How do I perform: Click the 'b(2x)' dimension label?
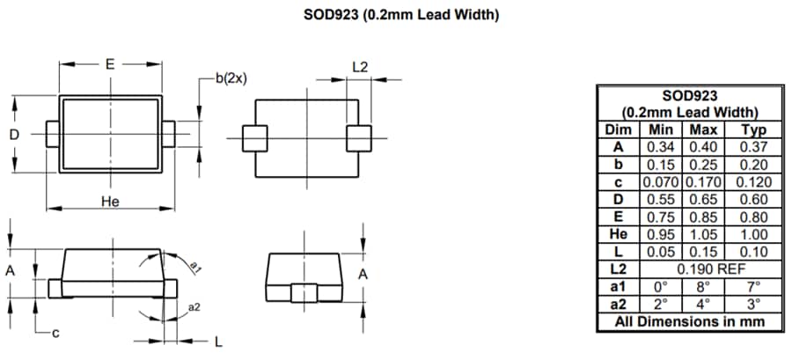[231, 78]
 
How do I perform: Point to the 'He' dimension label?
[110, 202]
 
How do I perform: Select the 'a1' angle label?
[196, 268]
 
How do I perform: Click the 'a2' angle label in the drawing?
[194, 307]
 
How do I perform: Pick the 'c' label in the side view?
[54, 332]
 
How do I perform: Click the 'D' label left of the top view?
[14, 135]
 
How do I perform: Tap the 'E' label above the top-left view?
[110, 64]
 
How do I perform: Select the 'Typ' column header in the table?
[754, 129]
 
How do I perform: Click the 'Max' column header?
[703, 129]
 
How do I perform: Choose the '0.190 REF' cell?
[703, 268]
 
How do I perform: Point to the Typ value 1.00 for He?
[754, 234]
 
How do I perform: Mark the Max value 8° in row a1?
[703, 286]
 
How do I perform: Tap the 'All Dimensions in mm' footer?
[690, 321]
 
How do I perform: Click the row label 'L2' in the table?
[619, 268]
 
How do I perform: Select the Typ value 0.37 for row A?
[754, 147]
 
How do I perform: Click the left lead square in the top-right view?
[254, 138]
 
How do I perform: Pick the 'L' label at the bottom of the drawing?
[217, 342]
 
